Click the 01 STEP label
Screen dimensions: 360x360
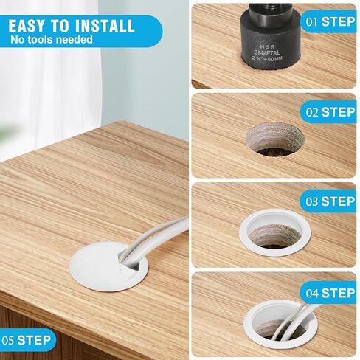click(329, 21)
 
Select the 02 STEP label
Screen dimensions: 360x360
click(329, 112)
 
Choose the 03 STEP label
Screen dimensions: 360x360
click(329, 201)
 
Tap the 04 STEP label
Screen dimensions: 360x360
click(329, 293)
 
